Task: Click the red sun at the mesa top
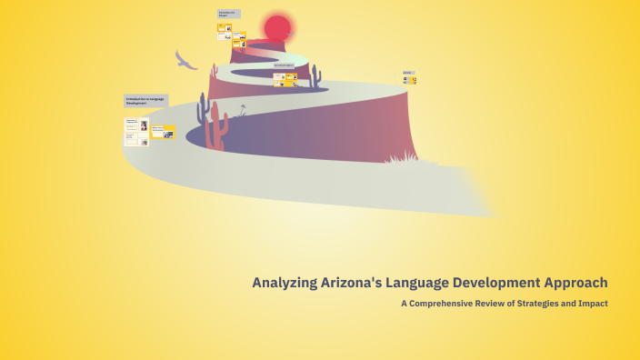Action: point(277,28)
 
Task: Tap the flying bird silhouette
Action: point(185,61)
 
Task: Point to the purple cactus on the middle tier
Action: point(315,75)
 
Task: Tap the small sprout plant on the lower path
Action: point(242,111)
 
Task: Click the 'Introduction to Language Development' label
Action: point(146,101)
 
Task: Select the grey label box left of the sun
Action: point(228,15)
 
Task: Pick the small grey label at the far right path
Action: point(408,72)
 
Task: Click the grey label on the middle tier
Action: point(285,65)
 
